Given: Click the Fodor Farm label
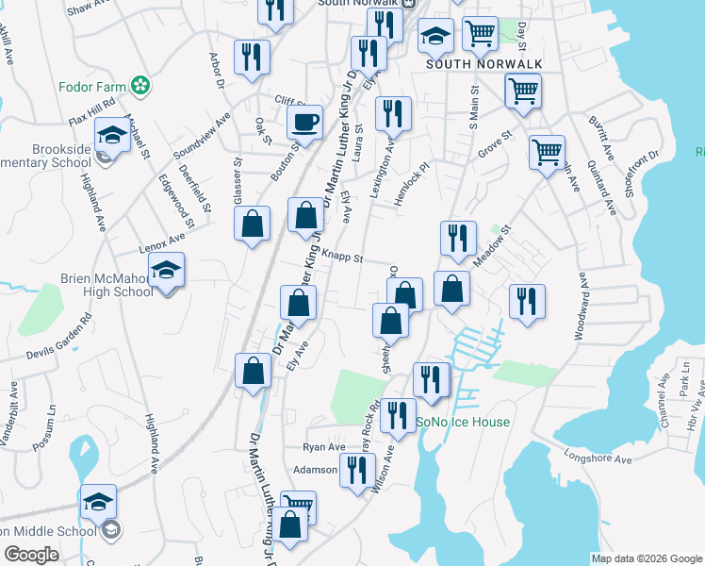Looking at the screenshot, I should pos(91,87).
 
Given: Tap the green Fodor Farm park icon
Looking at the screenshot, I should pos(141,87).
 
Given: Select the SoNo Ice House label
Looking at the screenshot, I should pos(463,423).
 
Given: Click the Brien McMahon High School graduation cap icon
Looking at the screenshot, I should pos(166,271).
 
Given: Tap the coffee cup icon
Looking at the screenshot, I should pos(304,122).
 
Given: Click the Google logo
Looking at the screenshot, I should pos(31,555).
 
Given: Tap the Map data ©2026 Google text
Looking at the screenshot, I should pos(646,558).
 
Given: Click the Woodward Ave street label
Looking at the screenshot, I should pos(581,308).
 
